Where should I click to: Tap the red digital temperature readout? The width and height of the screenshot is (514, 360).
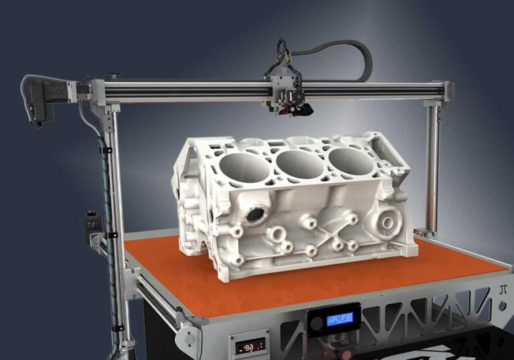pos(248,347)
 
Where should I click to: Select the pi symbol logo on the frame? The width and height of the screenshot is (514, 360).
pos(503,290)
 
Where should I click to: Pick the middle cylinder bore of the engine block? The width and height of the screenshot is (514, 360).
pos(299,163)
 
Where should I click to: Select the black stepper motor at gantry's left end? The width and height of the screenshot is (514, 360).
pos(45,98)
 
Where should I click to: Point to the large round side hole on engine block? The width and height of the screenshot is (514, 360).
pos(255,215)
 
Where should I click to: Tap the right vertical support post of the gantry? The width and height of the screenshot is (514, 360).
pos(434,167)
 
